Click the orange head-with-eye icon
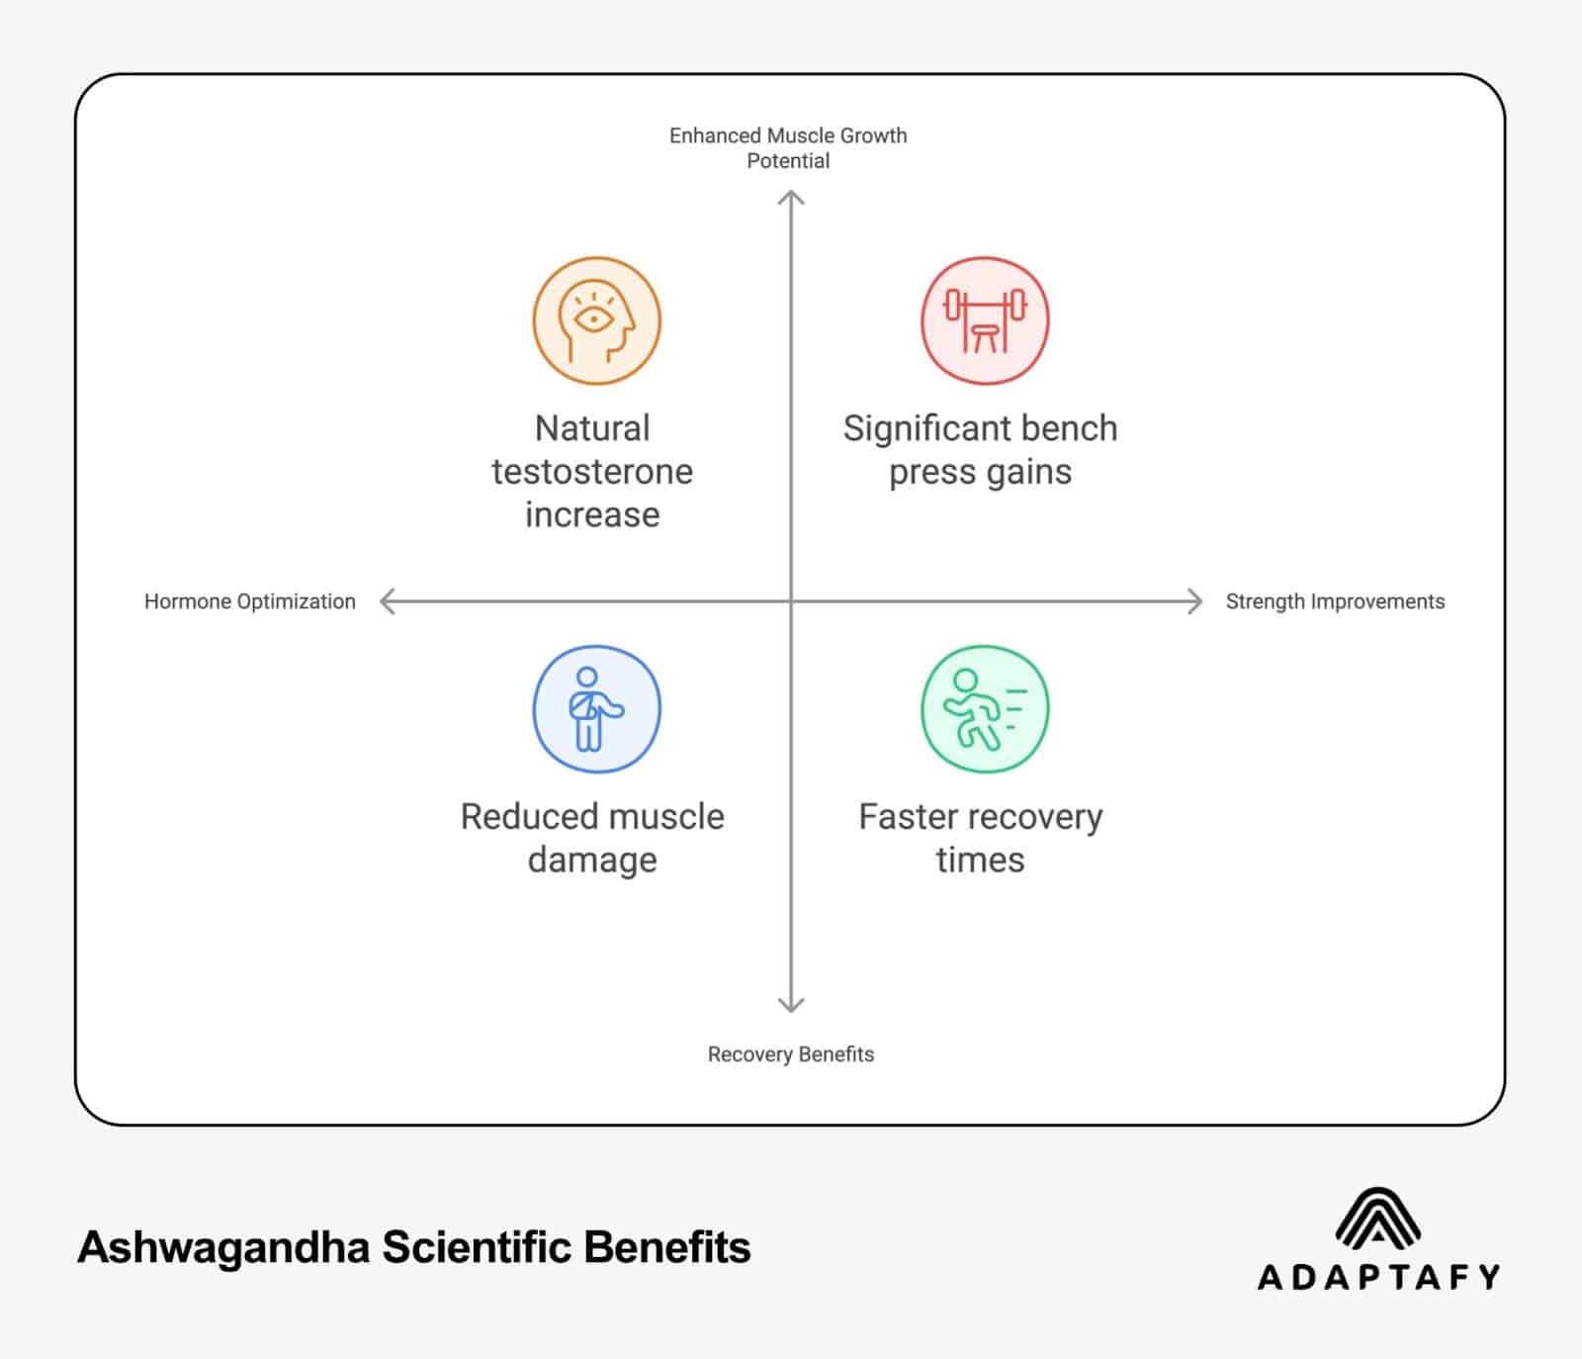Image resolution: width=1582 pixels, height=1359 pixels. coord(596,321)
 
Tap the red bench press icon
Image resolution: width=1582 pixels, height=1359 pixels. coord(985,321)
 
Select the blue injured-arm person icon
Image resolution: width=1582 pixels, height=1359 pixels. coord(596,709)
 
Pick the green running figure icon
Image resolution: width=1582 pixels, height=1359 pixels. coord(985,709)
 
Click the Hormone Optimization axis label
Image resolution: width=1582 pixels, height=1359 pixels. coord(250,601)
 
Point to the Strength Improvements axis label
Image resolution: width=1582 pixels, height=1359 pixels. coord(1335,601)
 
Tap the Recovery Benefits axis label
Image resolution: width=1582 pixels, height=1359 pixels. coord(791,1054)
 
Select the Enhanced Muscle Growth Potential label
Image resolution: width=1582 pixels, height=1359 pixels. coord(788,148)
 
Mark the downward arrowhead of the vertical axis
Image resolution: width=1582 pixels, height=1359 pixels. coord(791,1006)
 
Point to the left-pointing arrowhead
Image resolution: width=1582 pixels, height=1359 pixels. coord(388,601)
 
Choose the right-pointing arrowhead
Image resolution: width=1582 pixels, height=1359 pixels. coord(1194,601)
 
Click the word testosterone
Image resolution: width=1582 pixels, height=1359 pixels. coord(592,472)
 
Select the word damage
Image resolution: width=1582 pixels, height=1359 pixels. coord(592,861)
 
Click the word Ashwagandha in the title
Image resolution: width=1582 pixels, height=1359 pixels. coord(223,1248)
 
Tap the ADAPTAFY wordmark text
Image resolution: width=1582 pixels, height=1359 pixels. coord(1378,1277)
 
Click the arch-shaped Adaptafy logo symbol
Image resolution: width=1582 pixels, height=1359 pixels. coord(1378,1218)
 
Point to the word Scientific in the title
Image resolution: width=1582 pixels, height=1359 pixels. coord(479,1248)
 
